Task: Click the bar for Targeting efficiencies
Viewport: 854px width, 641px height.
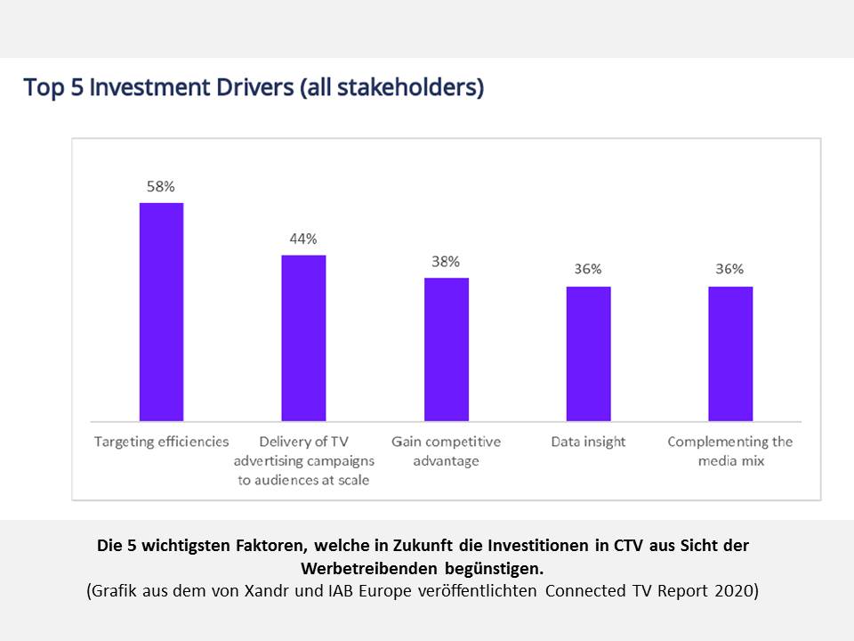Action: pos(161,312)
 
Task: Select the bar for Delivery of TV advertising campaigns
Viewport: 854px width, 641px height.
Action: pos(303,338)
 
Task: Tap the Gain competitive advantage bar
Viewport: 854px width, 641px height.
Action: pos(446,349)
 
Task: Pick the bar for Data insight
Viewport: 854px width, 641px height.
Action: pos(588,353)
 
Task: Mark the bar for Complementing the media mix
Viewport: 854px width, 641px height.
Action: pos(730,353)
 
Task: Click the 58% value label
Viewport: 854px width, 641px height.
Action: pos(161,187)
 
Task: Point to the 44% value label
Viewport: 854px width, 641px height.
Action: pos(303,239)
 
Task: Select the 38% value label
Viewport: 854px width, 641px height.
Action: pos(446,262)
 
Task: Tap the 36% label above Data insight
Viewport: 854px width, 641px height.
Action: pos(588,269)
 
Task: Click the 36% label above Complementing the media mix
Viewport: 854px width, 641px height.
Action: pos(730,269)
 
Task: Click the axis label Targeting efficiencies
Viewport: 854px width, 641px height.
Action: pos(161,442)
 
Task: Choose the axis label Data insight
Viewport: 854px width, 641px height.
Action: pos(588,442)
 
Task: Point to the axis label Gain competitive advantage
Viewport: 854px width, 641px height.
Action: pos(446,451)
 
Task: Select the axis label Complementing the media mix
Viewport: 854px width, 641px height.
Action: pos(730,451)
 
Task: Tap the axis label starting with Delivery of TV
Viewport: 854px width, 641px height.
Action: pos(303,460)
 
